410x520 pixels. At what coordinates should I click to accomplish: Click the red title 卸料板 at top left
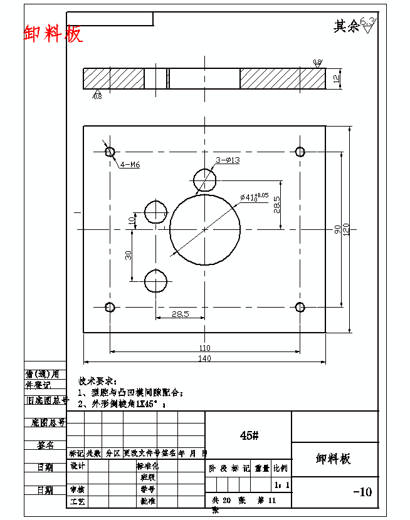pyautogui.click(x=53, y=34)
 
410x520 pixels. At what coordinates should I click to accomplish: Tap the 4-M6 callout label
pyautogui.click(x=130, y=165)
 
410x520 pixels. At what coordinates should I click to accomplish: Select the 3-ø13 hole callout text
pyautogui.click(x=228, y=160)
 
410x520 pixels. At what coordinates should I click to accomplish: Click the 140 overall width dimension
pyautogui.click(x=204, y=358)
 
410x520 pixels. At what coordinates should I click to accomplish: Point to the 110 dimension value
pyautogui.click(x=204, y=348)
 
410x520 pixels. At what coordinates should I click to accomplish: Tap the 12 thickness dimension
pyautogui.click(x=337, y=79)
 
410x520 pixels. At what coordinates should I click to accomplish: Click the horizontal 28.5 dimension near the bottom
pyautogui.click(x=181, y=314)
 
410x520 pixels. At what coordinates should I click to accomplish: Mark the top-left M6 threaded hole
pyautogui.click(x=110, y=152)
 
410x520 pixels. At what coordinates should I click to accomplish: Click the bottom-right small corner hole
pyautogui.click(x=300, y=307)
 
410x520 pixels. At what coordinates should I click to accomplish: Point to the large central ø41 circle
pyautogui.click(x=205, y=229)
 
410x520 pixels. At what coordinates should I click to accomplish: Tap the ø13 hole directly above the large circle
pyautogui.click(x=205, y=180)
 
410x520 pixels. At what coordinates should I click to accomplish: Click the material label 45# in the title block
pyautogui.click(x=249, y=435)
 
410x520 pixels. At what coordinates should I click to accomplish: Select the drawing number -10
pyautogui.click(x=362, y=492)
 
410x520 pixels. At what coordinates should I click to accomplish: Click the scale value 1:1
pyautogui.click(x=281, y=485)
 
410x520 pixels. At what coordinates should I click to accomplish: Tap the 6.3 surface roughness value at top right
pyautogui.click(x=367, y=21)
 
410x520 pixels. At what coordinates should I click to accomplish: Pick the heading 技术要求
pyautogui.click(x=97, y=381)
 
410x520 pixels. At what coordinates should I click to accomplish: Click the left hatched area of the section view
pyautogui.click(x=113, y=79)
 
